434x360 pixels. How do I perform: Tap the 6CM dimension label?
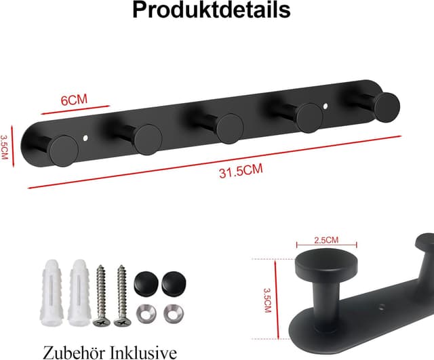[x=75, y=100]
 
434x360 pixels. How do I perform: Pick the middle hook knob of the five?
[x=229, y=126]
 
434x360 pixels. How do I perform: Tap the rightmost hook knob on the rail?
[x=387, y=106]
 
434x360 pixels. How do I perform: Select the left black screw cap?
[x=144, y=282]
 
